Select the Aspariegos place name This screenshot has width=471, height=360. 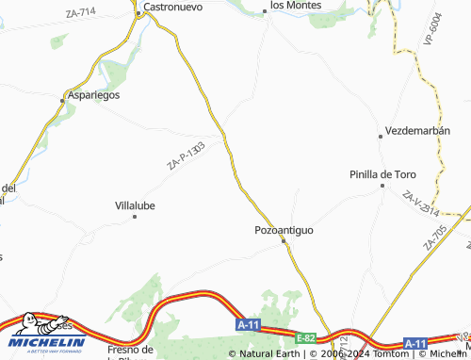click(x=93, y=96)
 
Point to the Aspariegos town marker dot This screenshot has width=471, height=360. click(x=64, y=97)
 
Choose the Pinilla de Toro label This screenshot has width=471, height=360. click(x=382, y=173)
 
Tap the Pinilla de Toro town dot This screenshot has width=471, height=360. click(x=382, y=185)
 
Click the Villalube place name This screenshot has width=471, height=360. click(x=135, y=205)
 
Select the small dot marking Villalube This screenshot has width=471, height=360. click(x=135, y=217)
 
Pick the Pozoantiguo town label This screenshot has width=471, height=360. click(x=284, y=229)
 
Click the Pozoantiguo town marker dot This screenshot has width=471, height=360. click(x=284, y=241)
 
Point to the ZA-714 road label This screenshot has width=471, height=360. click(x=82, y=12)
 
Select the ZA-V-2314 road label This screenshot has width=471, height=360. click(x=420, y=208)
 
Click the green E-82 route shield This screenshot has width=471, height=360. click(x=305, y=336)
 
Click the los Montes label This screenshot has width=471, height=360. click(x=296, y=5)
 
